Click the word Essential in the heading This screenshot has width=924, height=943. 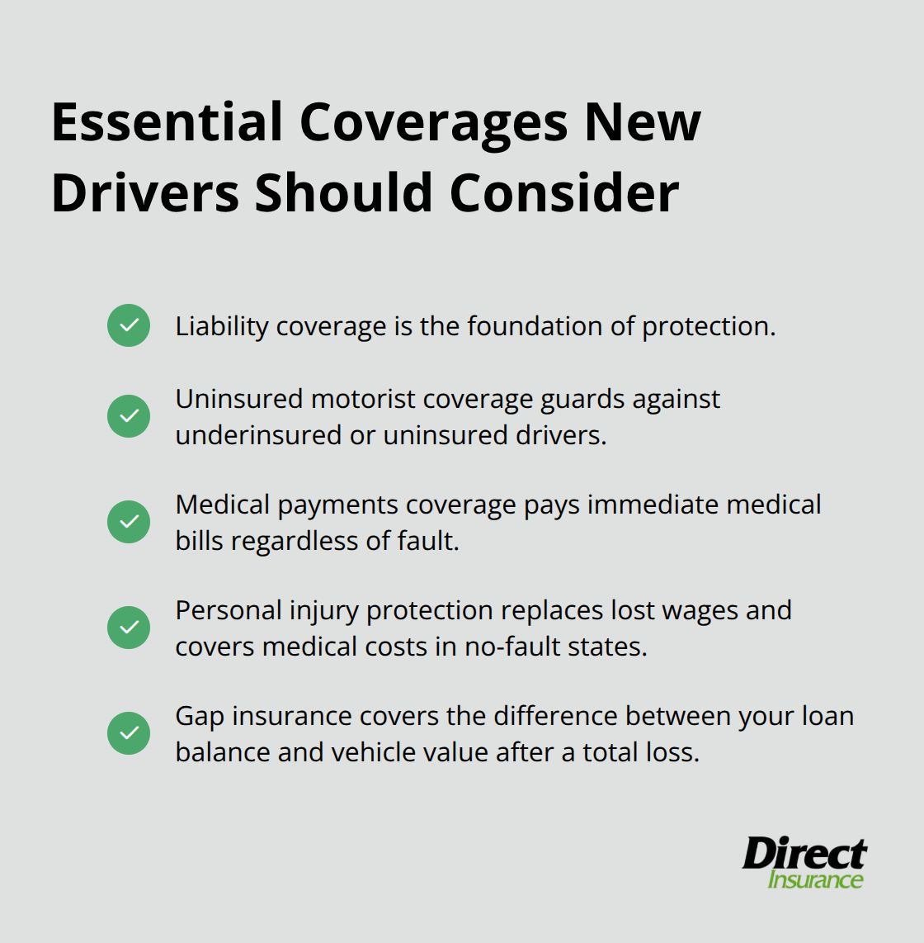(167, 123)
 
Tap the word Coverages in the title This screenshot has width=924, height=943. (433, 123)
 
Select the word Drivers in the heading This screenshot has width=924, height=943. (144, 193)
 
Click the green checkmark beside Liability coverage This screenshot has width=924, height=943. (129, 325)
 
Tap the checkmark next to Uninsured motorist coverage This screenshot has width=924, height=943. (129, 415)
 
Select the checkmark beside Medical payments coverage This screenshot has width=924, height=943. (129, 522)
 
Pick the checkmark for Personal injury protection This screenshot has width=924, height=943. (129, 628)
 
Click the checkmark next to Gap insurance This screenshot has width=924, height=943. (129, 733)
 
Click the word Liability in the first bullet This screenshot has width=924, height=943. (222, 327)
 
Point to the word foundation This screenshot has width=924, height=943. (535, 327)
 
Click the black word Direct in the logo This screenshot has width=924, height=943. (804, 854)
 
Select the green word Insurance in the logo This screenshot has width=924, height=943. (815, 879)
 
